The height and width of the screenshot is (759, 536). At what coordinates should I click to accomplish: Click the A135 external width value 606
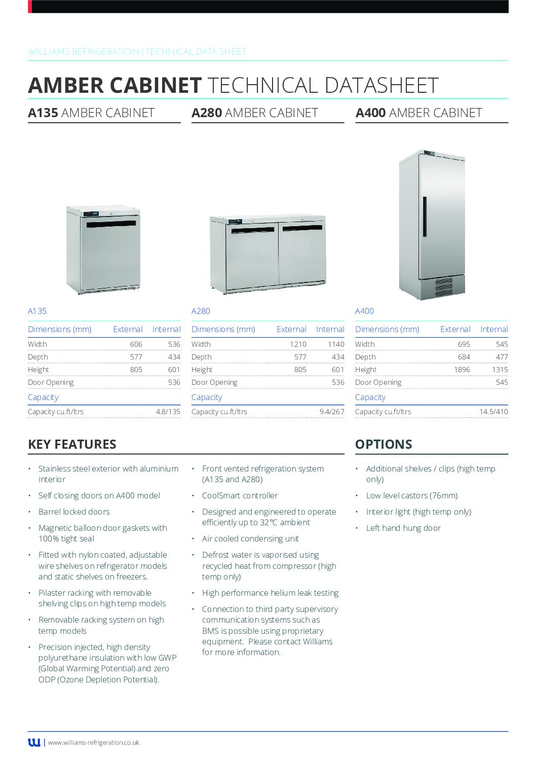pos(136,344)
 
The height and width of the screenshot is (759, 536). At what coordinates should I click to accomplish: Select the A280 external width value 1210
pos(298,344)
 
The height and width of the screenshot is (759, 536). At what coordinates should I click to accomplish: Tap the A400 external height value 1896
pos(462,370)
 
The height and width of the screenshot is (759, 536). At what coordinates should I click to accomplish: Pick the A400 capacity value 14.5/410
pos(493,412)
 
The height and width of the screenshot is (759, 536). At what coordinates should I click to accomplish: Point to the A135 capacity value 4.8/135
pos(168,412)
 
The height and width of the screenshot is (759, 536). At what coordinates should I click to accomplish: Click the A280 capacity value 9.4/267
pos(331,412)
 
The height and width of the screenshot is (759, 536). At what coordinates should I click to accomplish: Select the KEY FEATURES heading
pos(72,444)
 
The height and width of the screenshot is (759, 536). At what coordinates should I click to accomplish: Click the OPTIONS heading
pos(384,444)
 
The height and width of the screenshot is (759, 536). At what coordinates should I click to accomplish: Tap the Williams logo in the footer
pos(34,742)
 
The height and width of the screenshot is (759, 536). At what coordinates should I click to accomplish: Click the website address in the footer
pos(94,743)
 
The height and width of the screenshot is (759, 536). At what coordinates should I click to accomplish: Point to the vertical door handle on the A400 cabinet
pos(425,216)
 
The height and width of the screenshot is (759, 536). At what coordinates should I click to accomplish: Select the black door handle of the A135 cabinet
pos(111,224)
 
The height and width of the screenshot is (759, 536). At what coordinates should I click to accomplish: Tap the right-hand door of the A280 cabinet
pos(302,254)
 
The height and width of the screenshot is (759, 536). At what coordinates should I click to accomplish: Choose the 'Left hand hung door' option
pos(403,528)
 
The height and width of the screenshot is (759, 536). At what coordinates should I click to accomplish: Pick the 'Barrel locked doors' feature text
pos(74,512)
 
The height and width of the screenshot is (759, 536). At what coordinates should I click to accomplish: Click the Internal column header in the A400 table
pos(493,330)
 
